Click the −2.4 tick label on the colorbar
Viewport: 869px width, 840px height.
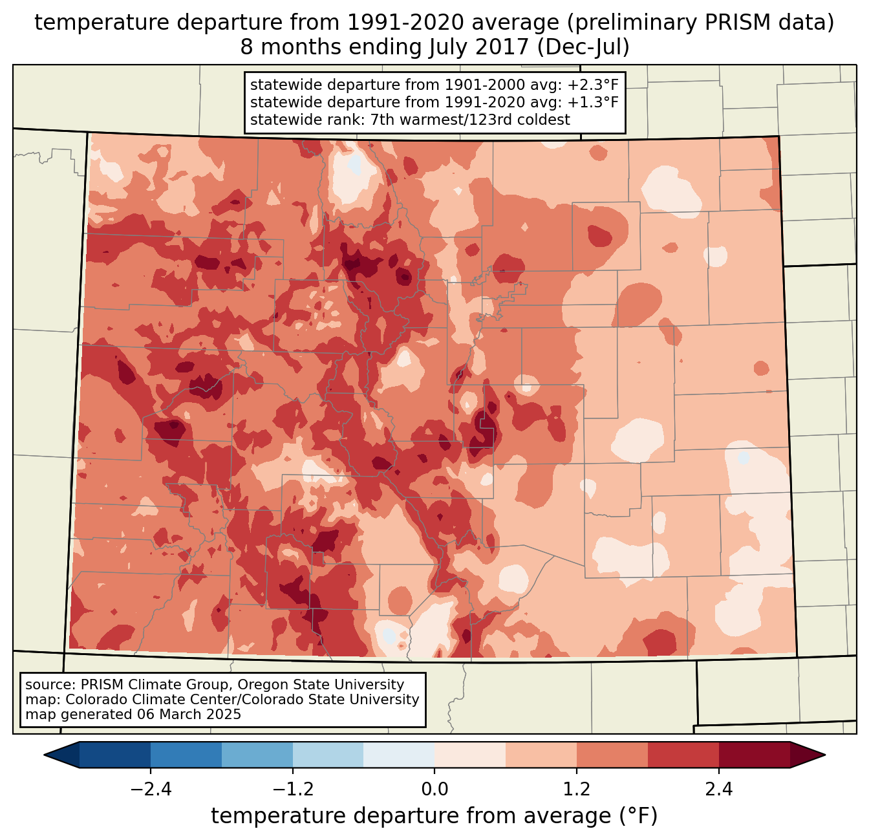click(x=151, y=790)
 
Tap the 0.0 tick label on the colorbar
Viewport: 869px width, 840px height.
click(x=434, y=790)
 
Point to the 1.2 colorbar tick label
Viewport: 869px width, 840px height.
click(x=577, y=790)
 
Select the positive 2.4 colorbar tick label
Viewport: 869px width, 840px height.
click(x=718, y=790)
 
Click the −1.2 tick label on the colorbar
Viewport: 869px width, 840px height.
click(x=293, y=790)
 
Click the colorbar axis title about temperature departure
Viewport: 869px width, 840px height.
click(x=434, y=816)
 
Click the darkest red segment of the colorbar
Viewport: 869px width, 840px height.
click(x=754, y=755)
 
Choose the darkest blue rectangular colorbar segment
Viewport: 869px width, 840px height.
click(x=115, y=755)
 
